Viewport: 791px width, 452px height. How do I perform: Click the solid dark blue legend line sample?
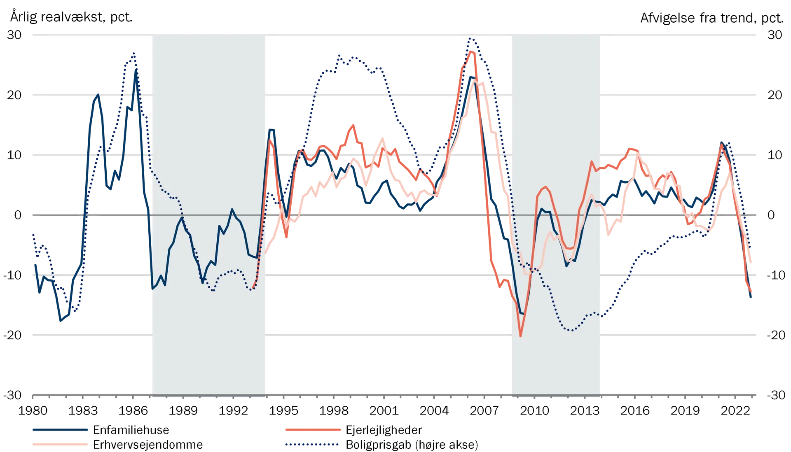(60, 431)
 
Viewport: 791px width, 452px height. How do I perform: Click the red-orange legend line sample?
(313, 430)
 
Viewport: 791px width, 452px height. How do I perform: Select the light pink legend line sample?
(60, 445)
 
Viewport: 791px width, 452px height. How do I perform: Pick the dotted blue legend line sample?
(311, 445)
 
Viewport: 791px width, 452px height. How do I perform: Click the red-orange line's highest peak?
(472, 51)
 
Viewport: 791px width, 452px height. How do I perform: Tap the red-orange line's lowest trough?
(521, 336)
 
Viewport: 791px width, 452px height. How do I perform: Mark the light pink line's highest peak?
(476, 80)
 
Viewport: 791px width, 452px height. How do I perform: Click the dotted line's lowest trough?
(571, 331)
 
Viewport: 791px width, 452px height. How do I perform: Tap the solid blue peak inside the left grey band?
(232, 210)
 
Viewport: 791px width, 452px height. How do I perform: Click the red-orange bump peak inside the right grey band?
(546, 187)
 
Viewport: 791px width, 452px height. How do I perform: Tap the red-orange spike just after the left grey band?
(271, 139)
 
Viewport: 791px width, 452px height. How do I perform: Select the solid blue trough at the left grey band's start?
(152, 289)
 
